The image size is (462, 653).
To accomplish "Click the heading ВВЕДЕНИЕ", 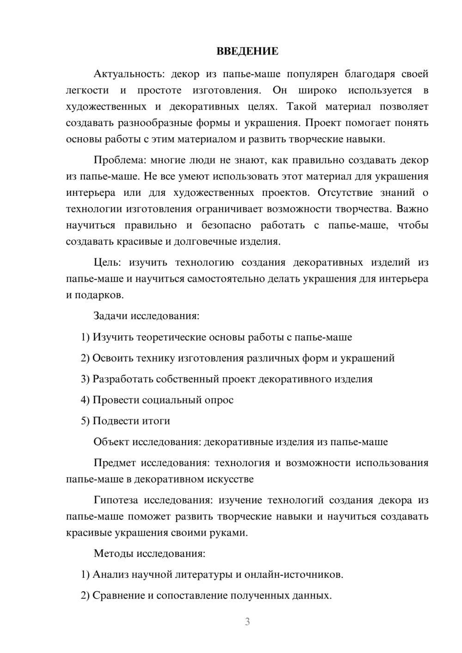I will pyautogui.click(x=247, y=51).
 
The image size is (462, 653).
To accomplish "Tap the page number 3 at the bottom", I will pyautogui.click(x=247, y=622).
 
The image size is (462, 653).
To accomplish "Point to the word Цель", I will pyautogui.click(x=107, y=262).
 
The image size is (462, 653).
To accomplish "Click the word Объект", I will pyautogui.click(x=111, y=442).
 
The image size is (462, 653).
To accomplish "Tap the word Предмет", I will pyautogui.click(x=115, y=463).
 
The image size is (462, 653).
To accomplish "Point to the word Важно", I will pyautogui.click(x=412, y=209).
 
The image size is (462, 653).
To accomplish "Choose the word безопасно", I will pyautogui.click(x=226, y=225).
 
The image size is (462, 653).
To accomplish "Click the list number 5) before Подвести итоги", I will pyautogui.click(x=85, y=421).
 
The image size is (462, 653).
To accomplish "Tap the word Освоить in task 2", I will pyautogui.click(x=111, y=358).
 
